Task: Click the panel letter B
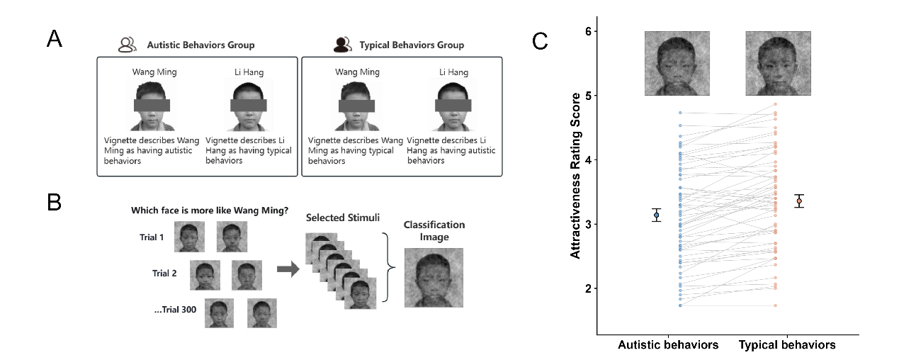[54, 201]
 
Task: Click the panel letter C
[540, 41]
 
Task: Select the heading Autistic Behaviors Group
[200, 45]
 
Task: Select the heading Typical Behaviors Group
[412, 45]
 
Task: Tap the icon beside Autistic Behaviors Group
[128, 45]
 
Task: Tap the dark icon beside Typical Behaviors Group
[343, 45]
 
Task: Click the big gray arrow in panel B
[287, 270]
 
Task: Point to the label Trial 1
[152, 237]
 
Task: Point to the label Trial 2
[164, 273]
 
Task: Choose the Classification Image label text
[434, 230]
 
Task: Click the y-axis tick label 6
[587, 31]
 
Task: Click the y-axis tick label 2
[587, 288]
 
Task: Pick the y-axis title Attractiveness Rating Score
[576, 175]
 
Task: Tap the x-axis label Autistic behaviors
[668, 345]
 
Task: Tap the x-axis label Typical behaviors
[787, 345]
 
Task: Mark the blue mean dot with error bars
[657, 215]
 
